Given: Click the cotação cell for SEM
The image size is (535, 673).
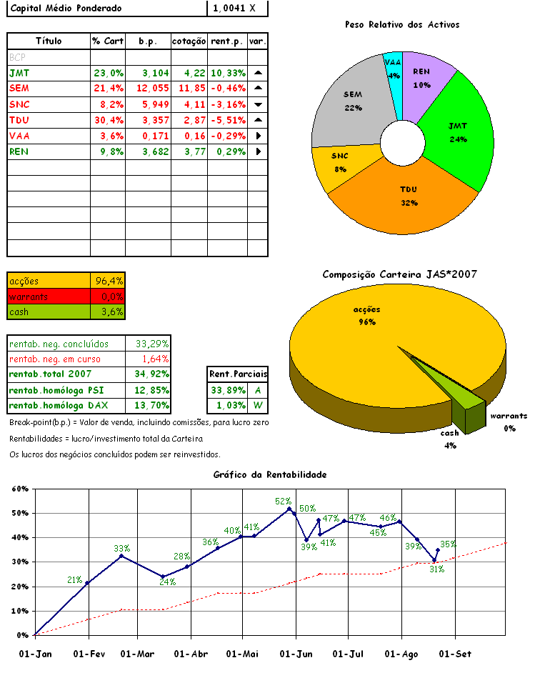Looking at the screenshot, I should [x=189, y=88].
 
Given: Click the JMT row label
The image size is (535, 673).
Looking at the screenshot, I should [x=20, y=73].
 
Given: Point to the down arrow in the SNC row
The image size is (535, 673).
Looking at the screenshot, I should [x=258, y=104].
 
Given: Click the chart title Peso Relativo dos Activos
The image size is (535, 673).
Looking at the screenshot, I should [x=401, y=24].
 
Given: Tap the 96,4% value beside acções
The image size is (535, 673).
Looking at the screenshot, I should [x=109, y=281].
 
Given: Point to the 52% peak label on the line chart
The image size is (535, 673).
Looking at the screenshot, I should [x=283, y=502].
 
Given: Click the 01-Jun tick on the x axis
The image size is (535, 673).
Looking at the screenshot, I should [x=295, y=654].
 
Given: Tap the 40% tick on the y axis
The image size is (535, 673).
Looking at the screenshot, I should [x=19, y=537].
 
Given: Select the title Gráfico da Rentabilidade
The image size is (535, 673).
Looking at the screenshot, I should [x=270, y=474].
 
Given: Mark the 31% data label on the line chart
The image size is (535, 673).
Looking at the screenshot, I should [x=437, y=569].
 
